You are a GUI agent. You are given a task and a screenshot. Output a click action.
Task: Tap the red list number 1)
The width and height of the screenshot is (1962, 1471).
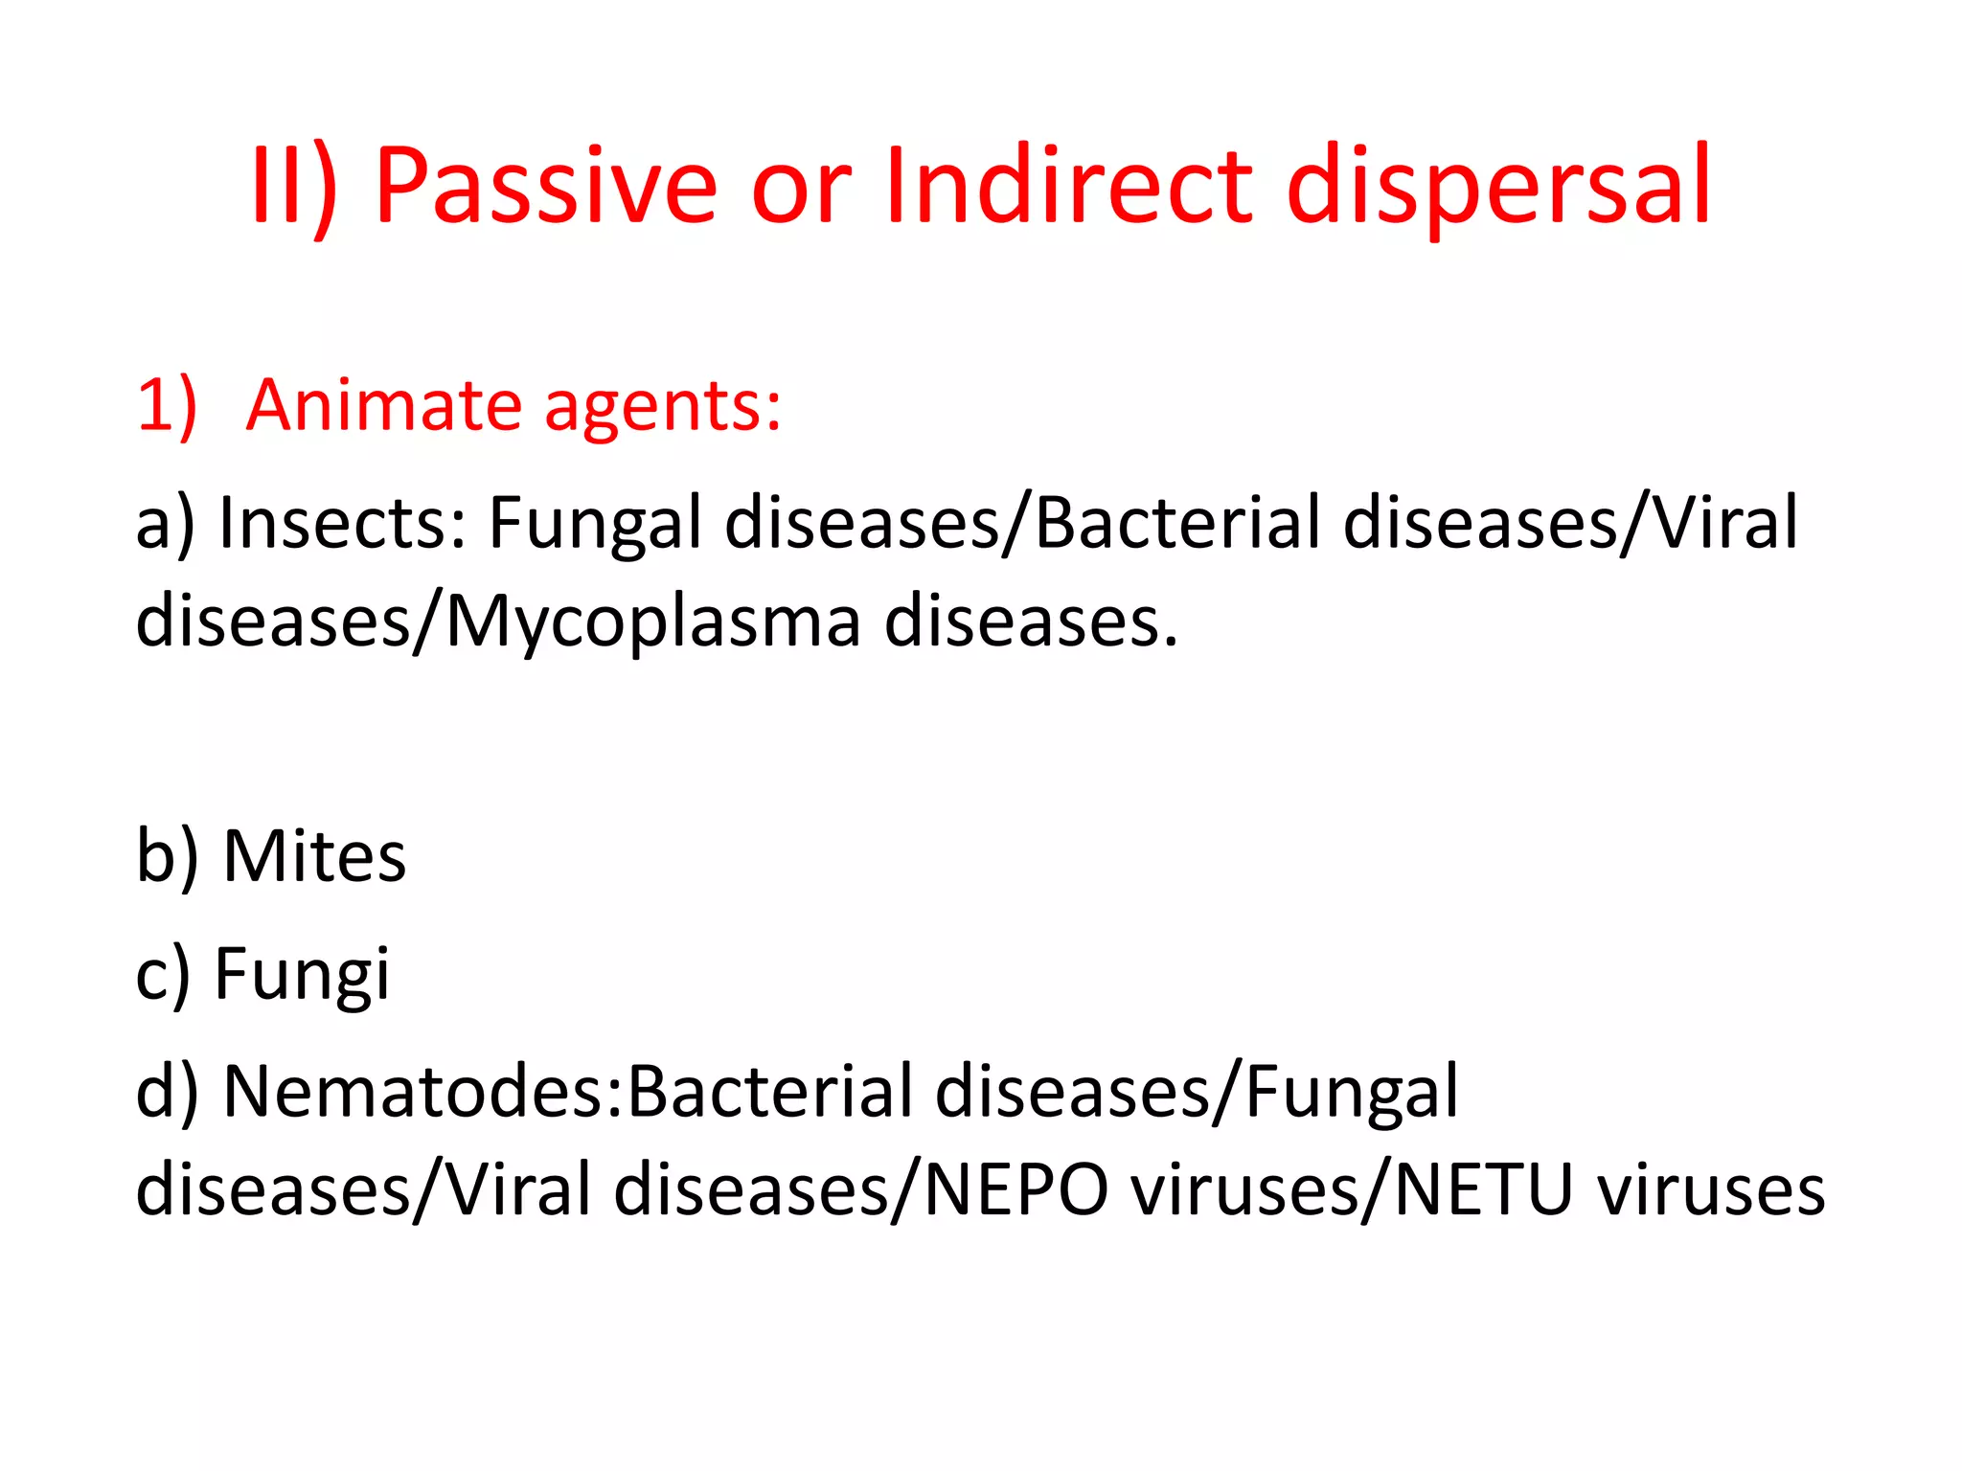point(167,405)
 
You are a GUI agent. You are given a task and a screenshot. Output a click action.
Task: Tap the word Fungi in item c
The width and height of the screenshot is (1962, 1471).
point(302,974)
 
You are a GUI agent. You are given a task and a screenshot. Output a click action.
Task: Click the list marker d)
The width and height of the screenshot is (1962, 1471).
point(167,1092)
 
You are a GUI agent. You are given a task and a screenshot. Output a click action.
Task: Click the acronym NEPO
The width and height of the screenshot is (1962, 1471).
point(1015,1189)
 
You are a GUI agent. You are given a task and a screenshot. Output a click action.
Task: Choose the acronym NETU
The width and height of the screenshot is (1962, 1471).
point(1484,1189)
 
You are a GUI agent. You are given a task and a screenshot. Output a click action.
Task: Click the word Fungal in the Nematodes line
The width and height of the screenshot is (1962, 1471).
point(1351,1092)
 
